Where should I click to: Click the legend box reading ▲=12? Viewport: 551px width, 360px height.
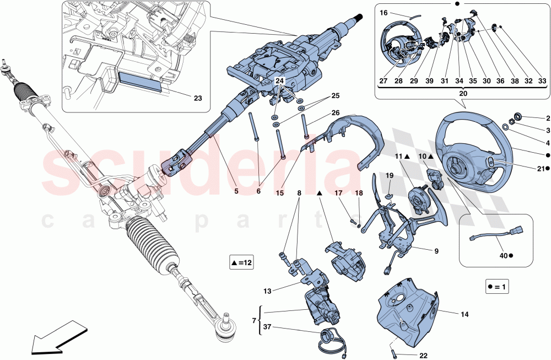pos(240,263)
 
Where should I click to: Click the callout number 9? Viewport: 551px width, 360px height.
pos(436,251)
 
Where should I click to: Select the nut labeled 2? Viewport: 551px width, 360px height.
pos(517,117)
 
